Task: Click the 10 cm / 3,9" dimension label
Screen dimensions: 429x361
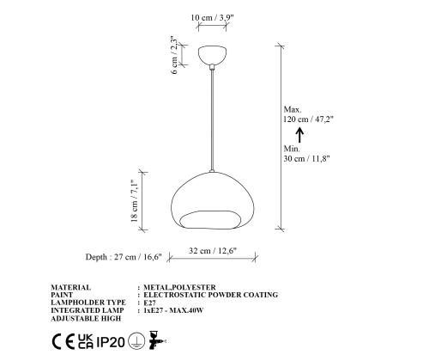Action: click(213, 18)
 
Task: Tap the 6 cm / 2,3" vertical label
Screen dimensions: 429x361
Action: click(175, 55)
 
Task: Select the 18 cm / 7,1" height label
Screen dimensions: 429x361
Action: click(134, 200)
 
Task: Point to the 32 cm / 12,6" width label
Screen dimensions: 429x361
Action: click(213, 251)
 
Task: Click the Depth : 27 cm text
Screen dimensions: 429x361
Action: click(111, 257)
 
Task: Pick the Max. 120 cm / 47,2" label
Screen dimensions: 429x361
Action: click(308, 114)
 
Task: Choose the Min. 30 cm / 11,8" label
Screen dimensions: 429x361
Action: click(306, 154)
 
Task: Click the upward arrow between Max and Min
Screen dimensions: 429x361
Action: click(299, 135)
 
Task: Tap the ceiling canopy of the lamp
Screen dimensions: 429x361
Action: click(213, 55)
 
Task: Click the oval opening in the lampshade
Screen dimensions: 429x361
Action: click(210, 219)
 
